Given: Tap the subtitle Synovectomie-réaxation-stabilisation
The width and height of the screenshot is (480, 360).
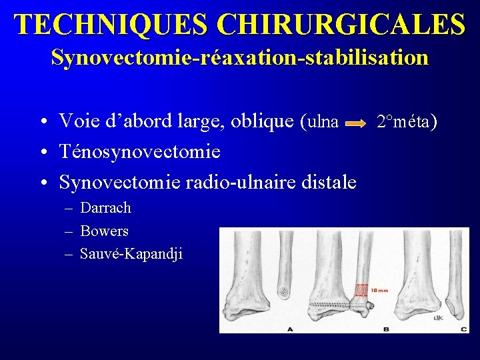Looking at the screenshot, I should point(239,57).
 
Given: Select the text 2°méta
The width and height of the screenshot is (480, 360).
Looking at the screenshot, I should point(406,122).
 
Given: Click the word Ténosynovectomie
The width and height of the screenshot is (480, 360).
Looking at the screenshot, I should point(140,152).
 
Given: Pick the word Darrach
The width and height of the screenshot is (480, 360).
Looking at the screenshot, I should point(105,208).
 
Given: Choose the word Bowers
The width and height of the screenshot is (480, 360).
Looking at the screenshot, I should point(104,231).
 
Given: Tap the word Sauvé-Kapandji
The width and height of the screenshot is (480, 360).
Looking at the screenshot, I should point(131,254).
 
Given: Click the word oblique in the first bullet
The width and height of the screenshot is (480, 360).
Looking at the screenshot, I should point(264,122).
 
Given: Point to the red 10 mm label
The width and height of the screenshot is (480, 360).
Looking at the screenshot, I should point(380,289).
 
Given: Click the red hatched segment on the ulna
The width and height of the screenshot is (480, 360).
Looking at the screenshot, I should point(361,290).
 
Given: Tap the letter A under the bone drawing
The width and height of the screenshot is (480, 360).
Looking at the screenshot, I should point(289,328).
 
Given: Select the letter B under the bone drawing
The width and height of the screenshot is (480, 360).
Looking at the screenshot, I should point(386,328).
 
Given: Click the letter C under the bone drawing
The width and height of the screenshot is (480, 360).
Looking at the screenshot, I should point(463,328).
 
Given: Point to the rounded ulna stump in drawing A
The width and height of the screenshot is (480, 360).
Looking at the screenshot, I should point(283,291).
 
